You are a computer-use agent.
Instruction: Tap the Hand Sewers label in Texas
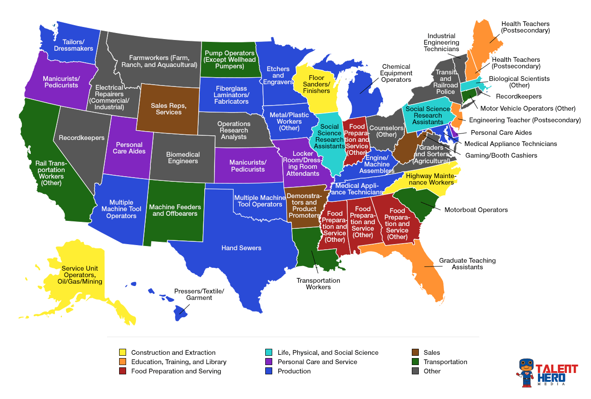(241, 248)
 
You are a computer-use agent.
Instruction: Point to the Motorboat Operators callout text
(476, 210)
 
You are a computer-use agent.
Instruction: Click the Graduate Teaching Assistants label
(467, 264)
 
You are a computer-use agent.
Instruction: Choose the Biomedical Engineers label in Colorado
(183, 158)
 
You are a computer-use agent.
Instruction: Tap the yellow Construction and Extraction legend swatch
(122, 352)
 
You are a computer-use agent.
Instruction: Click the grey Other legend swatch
(416, 371)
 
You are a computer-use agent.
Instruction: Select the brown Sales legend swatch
(416, 352)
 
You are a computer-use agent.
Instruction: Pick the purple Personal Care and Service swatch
(269, 362)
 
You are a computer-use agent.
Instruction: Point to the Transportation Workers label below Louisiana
(318, 284)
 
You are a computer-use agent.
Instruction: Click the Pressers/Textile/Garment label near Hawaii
(199, 294)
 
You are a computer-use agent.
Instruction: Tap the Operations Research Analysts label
(234, 130)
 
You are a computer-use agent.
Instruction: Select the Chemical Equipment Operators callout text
(396, 73)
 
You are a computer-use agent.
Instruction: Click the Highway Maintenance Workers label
(430, 179)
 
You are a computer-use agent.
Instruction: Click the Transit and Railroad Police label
(445, 82)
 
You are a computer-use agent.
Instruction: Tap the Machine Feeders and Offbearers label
(175, 210)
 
